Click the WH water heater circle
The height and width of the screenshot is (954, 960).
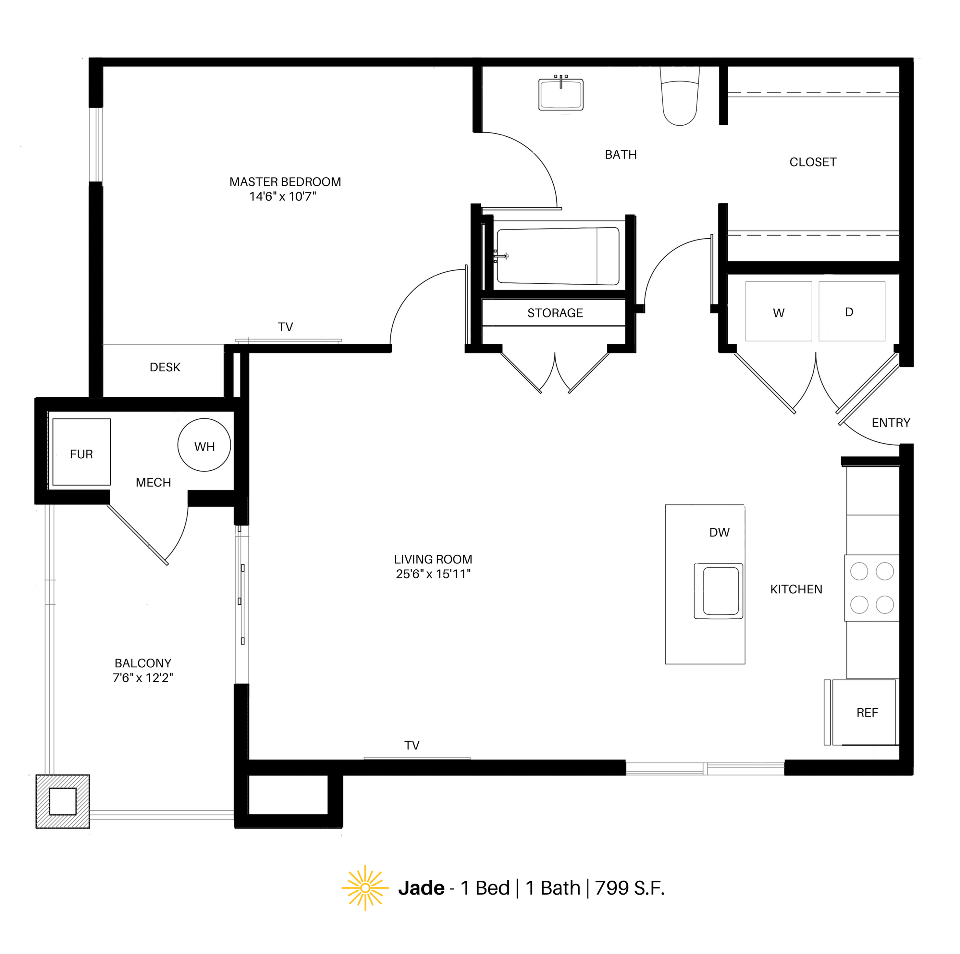click(204, 446)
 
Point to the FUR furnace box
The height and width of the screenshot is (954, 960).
click(81, 452)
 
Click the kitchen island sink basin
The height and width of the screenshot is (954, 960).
click(720, 591)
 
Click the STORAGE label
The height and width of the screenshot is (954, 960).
click(555, 313)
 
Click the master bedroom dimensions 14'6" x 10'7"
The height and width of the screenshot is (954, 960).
click(283, 197)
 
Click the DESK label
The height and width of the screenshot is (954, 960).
click(165, 367)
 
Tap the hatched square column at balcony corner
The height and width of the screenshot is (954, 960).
click(63, 801)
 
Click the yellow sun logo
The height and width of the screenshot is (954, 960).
click(365, 888)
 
